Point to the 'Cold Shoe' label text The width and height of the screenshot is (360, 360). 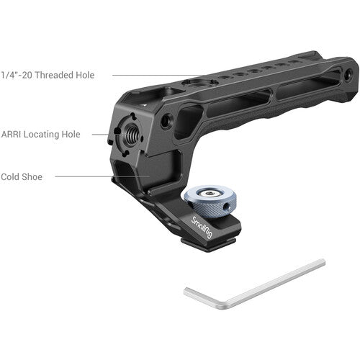point(22,176)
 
